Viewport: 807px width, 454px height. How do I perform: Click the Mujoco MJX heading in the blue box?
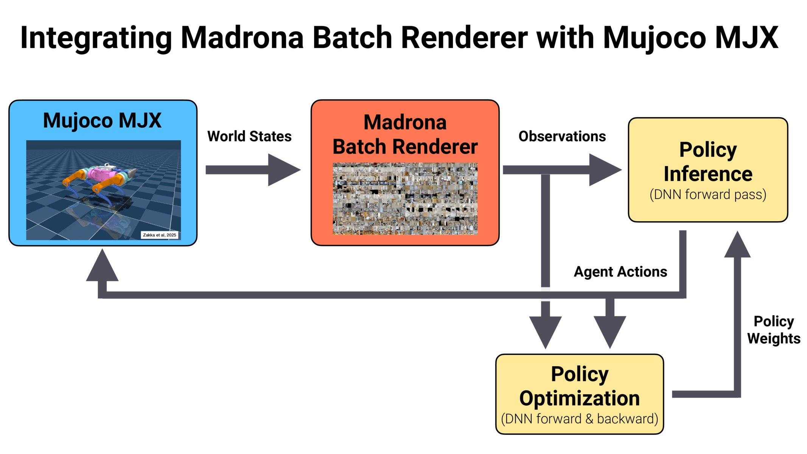(x=102, y=121)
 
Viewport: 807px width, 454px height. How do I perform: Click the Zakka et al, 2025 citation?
(x=159, y=235)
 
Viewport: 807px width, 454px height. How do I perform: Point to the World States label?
(x=249, y=136)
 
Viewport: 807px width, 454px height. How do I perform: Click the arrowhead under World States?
(x=283, y=170)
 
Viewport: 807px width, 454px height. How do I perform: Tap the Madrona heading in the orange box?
(x=405, y=123)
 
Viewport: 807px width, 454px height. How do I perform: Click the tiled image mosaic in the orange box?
(x=405, y=199)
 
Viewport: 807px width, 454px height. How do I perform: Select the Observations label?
(x=562, y=136)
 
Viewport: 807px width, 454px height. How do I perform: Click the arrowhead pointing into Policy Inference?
(x=604, y=170)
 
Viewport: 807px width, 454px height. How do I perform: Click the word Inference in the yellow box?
(x=708, y=174)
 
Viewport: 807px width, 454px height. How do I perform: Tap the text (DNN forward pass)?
(x=708, y=194)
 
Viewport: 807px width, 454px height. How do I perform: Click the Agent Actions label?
(x=620, y=272)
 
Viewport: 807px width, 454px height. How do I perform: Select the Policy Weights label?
(x=774, y=330)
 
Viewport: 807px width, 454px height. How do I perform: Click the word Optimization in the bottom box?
(x=579, y=398)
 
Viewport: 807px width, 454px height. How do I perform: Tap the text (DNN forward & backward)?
(x=579, y=419)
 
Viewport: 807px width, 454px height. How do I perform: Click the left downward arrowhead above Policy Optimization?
(x=545, y=331)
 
